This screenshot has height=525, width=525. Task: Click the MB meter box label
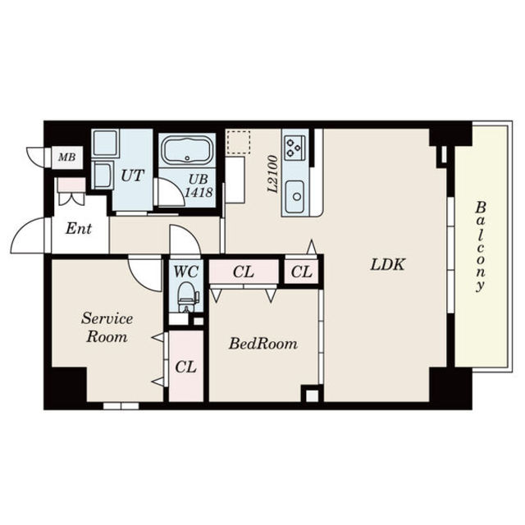[67, 157]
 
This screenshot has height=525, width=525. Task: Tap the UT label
[133, 176]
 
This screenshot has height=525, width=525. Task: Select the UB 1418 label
[199, 185]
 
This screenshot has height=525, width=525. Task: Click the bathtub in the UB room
[187, 150]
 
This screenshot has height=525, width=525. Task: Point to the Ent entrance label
[79, 229]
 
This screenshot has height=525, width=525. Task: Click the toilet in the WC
[187, 297]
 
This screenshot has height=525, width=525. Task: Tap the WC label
[186, 272]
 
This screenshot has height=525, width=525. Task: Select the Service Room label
[107, 327]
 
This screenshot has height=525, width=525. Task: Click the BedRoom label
[262, 344]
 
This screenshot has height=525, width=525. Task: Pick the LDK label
[388, 264]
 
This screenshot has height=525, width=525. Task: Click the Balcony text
[481, 247]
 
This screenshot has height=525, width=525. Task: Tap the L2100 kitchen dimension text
[273, 174]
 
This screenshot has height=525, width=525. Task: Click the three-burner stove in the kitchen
[294, 148]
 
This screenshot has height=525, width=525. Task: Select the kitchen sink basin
[295, 197]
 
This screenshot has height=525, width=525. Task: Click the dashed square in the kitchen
[239, 142]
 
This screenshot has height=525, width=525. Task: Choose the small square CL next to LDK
[301, 272]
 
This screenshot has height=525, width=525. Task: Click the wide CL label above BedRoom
[244, 272]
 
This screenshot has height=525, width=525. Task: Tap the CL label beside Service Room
[186, 367]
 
